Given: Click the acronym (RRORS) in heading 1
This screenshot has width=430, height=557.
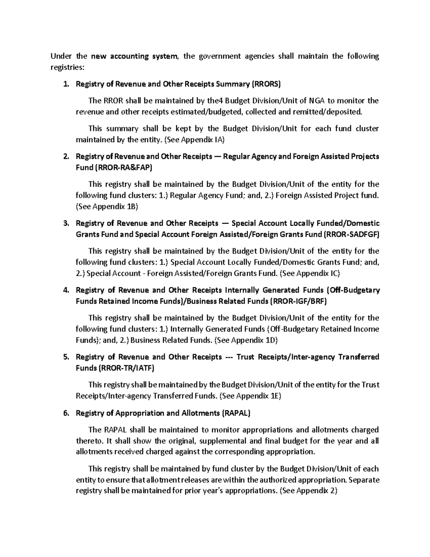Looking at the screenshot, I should pos(266,84).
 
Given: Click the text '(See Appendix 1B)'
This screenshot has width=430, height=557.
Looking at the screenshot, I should pos(107,207).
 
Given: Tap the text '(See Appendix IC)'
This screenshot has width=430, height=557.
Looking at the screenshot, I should pos(309,273).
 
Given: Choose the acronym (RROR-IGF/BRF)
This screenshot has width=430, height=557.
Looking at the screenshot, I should pos(298,301).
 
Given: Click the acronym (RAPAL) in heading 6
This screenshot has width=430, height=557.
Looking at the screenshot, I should pos(236,413).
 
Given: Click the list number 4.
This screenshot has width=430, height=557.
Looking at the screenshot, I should pos(65,290).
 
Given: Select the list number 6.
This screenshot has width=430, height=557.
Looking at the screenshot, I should pos(65,413).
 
